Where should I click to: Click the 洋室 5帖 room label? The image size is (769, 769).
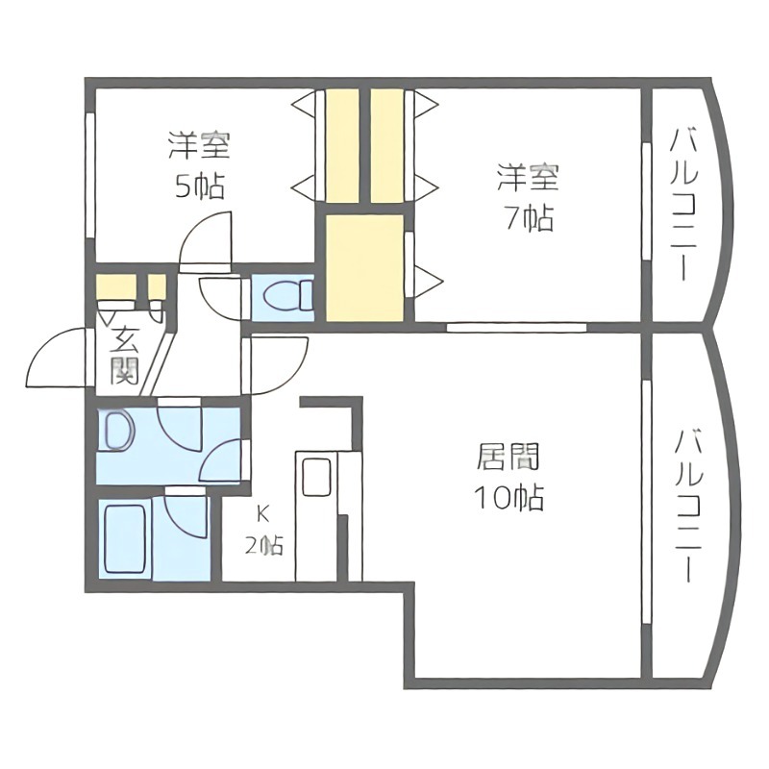pyautogui.click(x=199, y=165)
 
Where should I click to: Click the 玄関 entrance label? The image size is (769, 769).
pyautogui.click(x=124, y=354)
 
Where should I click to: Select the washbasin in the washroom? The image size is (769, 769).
pyautogui.click(x=118, y=432)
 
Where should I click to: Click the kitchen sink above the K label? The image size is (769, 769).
pyautogui.click(x=314, y=475)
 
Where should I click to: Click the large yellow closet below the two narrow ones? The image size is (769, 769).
pyautogui.click(x=364, y=267)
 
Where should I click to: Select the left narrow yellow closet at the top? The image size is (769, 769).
pyautogui.click(x=341, y=146)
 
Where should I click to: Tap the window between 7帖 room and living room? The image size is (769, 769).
pyautogui.click(x=516, y=327)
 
